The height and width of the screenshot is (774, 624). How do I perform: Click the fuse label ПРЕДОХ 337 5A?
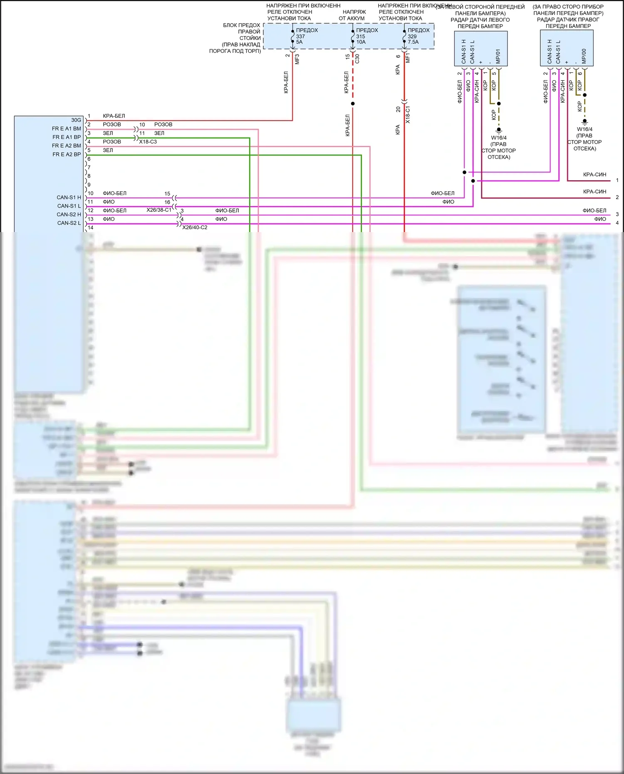(306, 36)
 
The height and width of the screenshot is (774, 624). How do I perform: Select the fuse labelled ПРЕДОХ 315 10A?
(366, 36)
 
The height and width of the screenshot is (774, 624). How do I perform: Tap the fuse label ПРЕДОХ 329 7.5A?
(418, 36)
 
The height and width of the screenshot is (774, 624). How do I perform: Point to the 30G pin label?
(76, 120)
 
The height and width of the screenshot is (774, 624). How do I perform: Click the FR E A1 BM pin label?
(67, 129)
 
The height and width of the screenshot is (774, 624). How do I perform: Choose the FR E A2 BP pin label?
(67, 154)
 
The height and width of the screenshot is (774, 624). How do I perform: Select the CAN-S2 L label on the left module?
(69, 223)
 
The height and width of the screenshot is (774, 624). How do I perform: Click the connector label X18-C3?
(148, 142)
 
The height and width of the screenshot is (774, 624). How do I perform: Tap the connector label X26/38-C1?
(159, 210)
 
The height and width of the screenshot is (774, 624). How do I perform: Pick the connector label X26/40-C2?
(195, 228)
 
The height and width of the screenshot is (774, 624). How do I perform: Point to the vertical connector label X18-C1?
(408, 115)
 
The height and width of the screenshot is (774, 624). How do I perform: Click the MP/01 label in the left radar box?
(498, 57)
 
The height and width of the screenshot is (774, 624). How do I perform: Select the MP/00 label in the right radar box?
(584, 57)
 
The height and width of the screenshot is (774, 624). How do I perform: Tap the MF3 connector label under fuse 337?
(297, 59)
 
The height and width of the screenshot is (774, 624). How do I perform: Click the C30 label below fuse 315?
(357, 59)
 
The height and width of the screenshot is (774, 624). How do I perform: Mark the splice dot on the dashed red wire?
(353, 104)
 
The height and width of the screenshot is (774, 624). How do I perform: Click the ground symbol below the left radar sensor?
(499, 130)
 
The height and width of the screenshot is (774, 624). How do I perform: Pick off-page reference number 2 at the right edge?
(617, 197)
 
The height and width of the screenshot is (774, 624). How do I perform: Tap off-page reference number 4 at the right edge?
(617, 223)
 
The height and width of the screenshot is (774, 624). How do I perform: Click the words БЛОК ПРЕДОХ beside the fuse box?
(241, 25)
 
